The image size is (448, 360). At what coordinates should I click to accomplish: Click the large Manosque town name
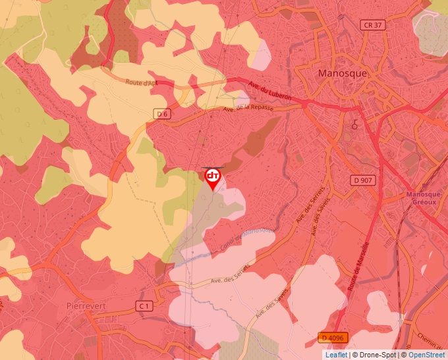coord(342,73)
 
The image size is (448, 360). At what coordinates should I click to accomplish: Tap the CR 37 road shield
coord(372,25)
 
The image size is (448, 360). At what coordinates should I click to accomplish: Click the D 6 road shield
coord(163,114)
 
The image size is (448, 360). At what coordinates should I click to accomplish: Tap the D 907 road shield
coord(363,180)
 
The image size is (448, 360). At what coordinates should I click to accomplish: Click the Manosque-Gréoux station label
coord(422,198)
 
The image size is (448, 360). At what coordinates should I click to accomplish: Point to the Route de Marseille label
coord(356,264)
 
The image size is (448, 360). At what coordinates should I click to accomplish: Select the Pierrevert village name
coord(87,306)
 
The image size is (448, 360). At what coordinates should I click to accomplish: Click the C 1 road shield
coord(145,306)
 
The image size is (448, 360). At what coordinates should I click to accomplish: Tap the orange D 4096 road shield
coord(332,338)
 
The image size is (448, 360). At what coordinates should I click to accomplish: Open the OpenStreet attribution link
coord(428,355)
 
